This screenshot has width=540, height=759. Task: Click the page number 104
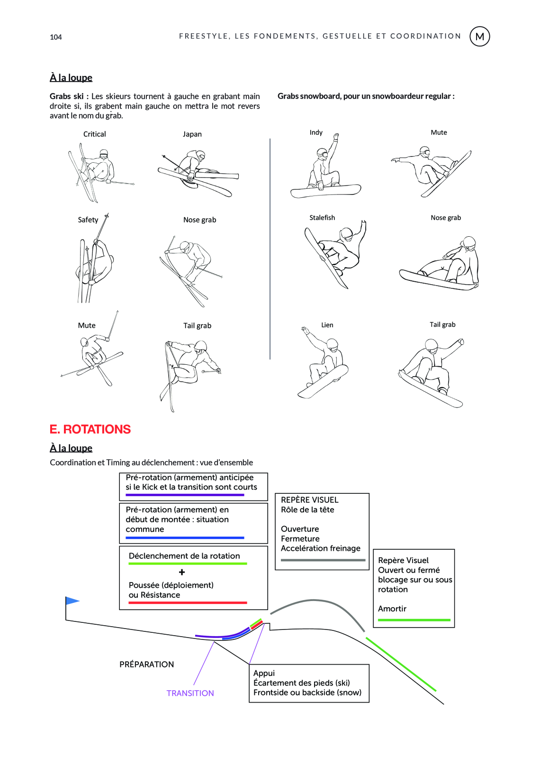click(x=56, y=37)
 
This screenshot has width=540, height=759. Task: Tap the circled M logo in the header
click(x=479, y=37)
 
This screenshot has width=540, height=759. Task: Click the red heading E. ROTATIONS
click(x=90, y=429)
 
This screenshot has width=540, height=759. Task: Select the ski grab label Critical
click(x=95, y=134)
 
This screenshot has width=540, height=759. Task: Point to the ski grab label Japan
click(x=192, y=134)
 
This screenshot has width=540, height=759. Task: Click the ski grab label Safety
click(x=88, y=220)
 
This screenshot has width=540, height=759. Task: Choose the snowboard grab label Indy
click(x=316, y=132)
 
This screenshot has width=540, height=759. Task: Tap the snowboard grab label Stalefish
click(x=322, y=218)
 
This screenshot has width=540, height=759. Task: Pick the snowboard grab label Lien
click(x=327, y=325)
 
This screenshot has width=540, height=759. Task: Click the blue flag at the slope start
click(x=72, y=601)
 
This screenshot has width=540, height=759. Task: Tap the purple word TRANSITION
click(x=190, y=693)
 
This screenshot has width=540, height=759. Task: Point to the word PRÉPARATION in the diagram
click(x=146, y=664)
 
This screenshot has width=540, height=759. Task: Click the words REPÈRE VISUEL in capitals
click(x=310, y=500)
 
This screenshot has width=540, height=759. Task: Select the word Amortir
click(x=392, y=609)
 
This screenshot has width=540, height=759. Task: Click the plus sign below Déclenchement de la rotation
click(x=182, y=572)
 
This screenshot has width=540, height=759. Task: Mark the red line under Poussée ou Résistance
click(x=188, y=603)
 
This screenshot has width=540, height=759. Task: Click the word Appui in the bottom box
click(x=264, y=673)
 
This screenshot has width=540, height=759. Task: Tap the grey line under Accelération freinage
click(x=323, y=560)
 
